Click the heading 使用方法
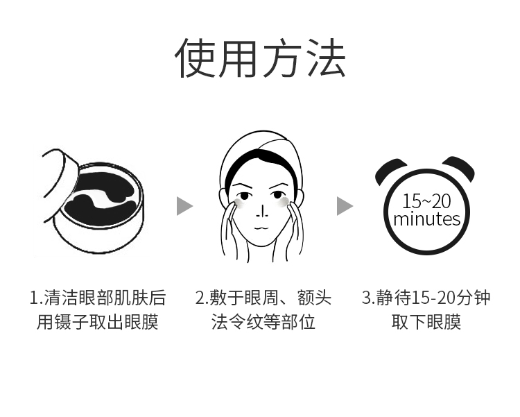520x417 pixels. [x=260, y=58]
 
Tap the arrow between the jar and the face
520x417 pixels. [x=184, y=206]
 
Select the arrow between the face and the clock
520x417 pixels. [x=345, y=206]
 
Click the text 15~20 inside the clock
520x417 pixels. [x=426, y=201]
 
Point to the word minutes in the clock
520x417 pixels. [x=427, y=219]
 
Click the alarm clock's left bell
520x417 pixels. [x=390, y=171]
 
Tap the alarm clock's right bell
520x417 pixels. [x=460, y=169]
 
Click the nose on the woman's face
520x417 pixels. [x=263, y=212]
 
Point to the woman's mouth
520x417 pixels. [x=262, y=228]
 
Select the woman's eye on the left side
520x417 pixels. [x=244, y=196]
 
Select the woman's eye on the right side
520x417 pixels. [x=277, y=196]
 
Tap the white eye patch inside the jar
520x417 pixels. [x=99, y=198]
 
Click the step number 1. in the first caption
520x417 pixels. [x=36, y=298]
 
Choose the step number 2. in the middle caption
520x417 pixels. [x=201, y=298]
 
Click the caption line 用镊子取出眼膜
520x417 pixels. [x=98, y=322]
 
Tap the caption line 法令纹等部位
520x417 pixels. [x=263, y=322]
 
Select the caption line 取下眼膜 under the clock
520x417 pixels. [x=426, y=322]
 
